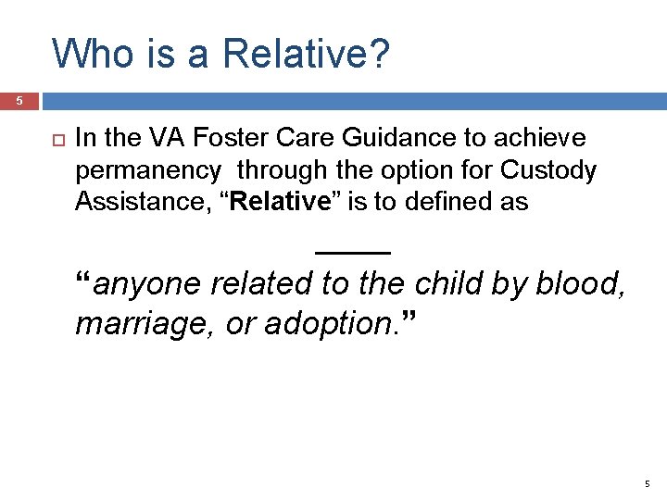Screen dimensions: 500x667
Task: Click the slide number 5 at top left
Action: (x=18, y=100)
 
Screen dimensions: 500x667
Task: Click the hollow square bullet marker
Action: (x=49, y=139)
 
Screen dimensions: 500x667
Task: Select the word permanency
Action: (x=148, y=171)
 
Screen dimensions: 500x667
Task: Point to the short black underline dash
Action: (x=353, y=251)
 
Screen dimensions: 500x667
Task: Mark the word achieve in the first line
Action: (x=547, y=139)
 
